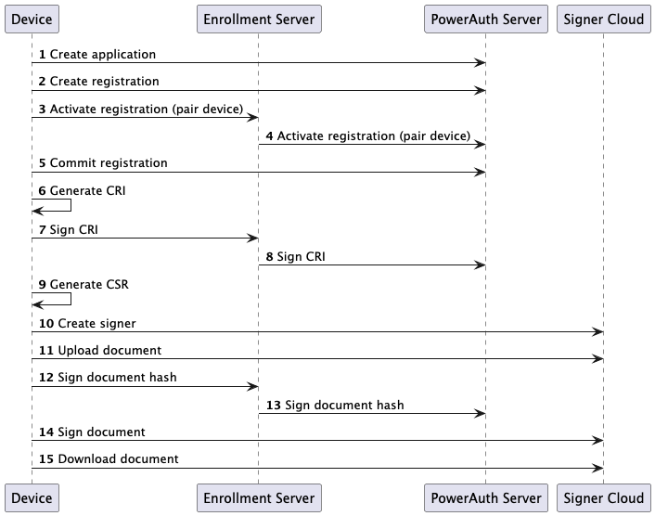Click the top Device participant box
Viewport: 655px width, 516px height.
tap(31, 19)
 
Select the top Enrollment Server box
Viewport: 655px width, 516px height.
tap(259, 19)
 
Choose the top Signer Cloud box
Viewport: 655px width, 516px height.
tap(604, 19)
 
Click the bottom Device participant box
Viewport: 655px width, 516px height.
tap(31, 497)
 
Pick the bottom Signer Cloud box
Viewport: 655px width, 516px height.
tap(604, 497)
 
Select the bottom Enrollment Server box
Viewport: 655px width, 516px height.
tap(259, 497)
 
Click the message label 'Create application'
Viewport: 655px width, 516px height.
tap(103, 55)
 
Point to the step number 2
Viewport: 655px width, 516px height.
tap(43, 82)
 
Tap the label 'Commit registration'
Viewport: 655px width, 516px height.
tap(109, 163)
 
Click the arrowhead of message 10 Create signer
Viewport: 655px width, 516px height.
tap(599, 332)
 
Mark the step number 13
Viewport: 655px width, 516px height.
tap(274, 406)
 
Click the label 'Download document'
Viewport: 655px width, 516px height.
tap(118, 459)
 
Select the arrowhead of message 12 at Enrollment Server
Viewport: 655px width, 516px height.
tap(253, 387)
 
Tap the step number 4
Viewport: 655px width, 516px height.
tap(270, 136)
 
